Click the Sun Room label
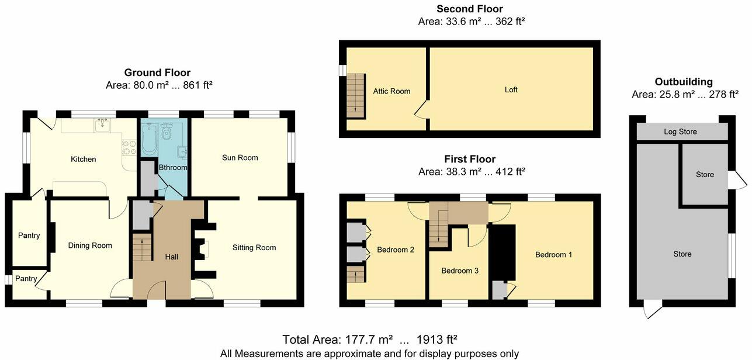coord(240,158)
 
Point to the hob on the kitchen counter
coord(127,148)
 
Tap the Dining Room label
coord(90,245)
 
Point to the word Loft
coord(511,90)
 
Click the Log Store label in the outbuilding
coord(680,132)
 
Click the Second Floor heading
coord(469,9)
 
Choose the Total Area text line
coord(369,340)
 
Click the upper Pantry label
coord(29,236)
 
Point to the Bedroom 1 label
coord(554,255)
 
